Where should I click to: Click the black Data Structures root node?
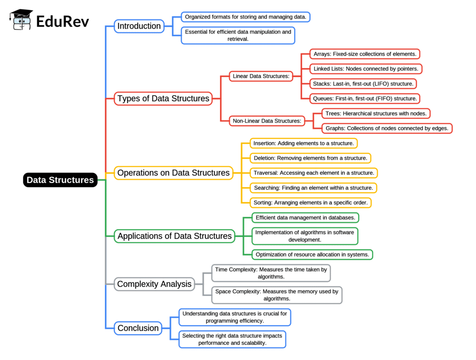click(60, 180)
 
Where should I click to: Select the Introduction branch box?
click(139, 26)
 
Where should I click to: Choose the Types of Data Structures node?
click(163, 98)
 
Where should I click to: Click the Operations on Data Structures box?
click(173, 173)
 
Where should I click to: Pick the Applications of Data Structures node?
click(174, 236)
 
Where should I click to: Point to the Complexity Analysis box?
click(154, 284)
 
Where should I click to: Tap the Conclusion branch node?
click(138, 328)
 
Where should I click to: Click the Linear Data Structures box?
click(261, 76)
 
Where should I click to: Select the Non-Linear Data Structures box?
click(267, 121)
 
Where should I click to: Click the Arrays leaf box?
click(365, 54)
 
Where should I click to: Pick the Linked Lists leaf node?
click(366, 69)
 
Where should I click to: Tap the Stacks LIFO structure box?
click(363, 84)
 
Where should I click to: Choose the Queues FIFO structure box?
click(365, 98)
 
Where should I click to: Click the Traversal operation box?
click(314, 173)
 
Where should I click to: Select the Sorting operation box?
click(311, 203)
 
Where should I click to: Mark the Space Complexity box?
click(277, 295)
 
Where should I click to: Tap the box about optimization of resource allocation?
click(312, 255)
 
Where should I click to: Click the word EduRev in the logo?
click(62, 21)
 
